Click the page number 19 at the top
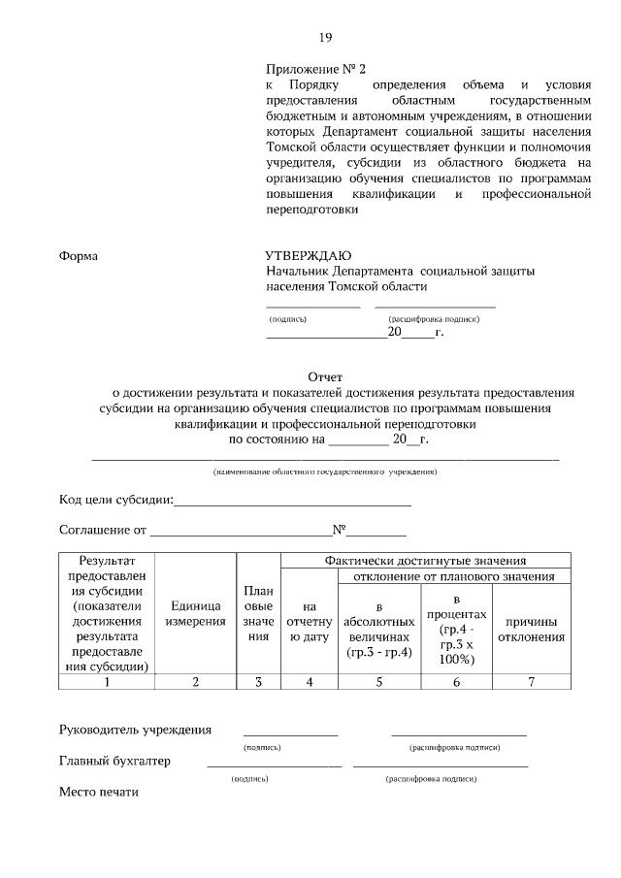tap(325, 38)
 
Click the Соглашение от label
tap(103, 531)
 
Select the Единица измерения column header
tap(195, 613)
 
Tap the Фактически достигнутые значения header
tap(425, 560)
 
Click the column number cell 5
tap(379, 681)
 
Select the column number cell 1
tap(107, 681)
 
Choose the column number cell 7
tap(531, 681)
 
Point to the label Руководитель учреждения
tap(135, 730)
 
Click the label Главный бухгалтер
tap(114, 762)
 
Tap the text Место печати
tap(99, 793)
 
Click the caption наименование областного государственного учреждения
tap(325, 472)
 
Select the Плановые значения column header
tap(258, 613)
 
